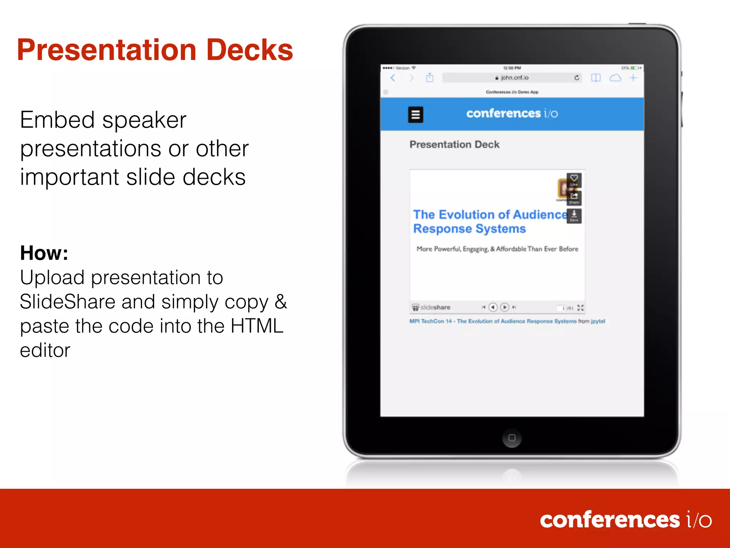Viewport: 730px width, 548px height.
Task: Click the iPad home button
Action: [x=512, y=438]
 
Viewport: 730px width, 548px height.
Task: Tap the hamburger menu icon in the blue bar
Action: [x=416, y=115]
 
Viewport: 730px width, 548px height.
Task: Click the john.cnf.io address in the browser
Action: [x=514, y=78]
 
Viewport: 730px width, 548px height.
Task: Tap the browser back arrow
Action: [x=393, y=78]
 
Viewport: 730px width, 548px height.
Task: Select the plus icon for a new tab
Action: [x=633, y=78]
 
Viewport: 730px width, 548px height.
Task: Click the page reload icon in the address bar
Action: [x=577, y=78]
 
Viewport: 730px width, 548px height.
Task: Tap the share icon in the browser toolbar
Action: [x=430, y=78]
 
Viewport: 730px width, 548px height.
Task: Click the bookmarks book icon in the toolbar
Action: [x=596, y=78]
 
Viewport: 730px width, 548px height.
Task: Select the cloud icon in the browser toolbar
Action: [x=615, y=78]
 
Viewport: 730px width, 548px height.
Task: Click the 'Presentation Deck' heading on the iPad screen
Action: [x=454, y=144]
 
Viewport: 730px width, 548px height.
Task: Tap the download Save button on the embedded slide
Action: [x=574, y=215]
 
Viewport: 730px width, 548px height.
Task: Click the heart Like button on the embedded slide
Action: [x=574, y=179]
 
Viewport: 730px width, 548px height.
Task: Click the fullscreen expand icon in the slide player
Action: [x=580, y=308]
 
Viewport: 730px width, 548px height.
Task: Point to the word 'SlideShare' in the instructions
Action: [x=67, y=302]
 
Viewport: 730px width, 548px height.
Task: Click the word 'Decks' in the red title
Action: [x=250, y=50]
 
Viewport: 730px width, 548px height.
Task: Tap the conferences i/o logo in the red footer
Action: [x=626, y=520]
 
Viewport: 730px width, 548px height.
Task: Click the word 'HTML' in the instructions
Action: [x=257, y=326]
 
